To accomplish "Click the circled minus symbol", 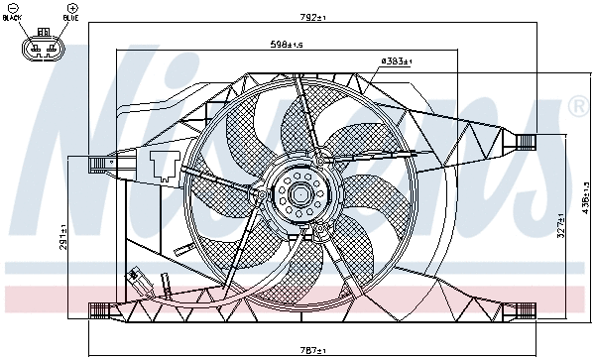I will click(13, 8).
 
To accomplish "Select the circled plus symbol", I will click(70, 8).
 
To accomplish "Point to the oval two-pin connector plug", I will click(41, 47).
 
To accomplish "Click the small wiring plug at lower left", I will click(136, 279).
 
